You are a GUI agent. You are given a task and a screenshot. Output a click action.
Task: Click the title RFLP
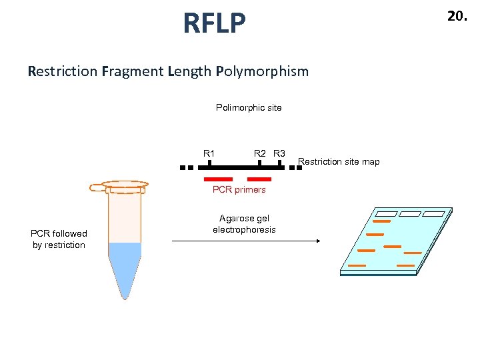pyautogui.click(x=214, y=24)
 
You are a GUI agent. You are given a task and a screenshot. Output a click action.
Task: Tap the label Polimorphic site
pyautogui.click(x=249, y=107)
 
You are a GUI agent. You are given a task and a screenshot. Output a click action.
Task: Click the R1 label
pyautogui.click(x=209, y=154)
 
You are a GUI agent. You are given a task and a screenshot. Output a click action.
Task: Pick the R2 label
pyautogui.click(x=260, y=154)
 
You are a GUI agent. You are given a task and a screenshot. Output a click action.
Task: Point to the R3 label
pyautogui.click(x=279, y=154)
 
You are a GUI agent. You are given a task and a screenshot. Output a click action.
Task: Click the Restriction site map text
pyautogui.click(x=339, y=161)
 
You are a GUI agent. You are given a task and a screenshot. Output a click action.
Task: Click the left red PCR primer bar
pyautogui.click(x=218, y=179)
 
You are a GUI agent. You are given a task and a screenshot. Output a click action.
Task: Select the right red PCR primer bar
pyautogui.click(x=259, y=179)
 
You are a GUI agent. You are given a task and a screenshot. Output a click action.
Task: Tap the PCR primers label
pyautogui.click(x=239, y=190)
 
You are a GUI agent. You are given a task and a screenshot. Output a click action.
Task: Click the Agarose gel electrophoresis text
pyautogui.click(x=244, y=224)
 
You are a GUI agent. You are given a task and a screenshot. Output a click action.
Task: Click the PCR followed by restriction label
pyautogui.click(x=59, y=239)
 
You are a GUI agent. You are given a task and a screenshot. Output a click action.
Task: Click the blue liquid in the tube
pyautogui.click(x=125, y=267)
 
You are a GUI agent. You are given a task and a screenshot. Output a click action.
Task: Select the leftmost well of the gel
pyautogui.click(x=385, y=214)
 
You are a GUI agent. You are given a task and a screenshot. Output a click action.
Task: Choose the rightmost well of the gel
pyautogui.click(x=433, y=214)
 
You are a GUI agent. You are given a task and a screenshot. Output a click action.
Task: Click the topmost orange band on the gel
pyautogui.click(x=381, y=221)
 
